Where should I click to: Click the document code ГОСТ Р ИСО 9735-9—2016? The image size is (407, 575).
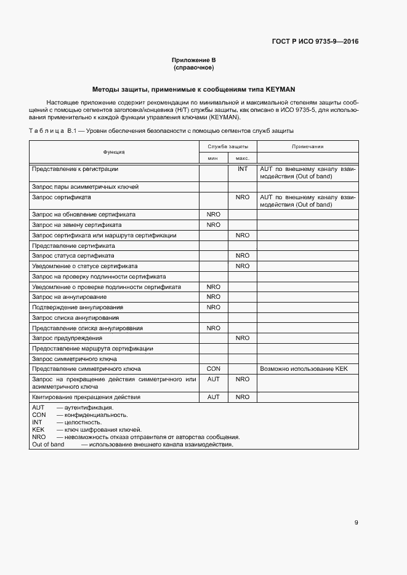click(x=315, y=42)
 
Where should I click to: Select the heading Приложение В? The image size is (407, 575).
click(x=193, y=60)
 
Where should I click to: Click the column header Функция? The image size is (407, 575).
click(x=114, y=152)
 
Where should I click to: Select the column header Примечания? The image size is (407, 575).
click(x=308, y=146)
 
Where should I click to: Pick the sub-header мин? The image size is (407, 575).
click(x=213, y=158)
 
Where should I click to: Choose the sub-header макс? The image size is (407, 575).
click(x=242, y=158)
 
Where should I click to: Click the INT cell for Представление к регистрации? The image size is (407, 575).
click(x=243, y=169)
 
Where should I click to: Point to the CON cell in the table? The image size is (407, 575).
click(x=213, y=369)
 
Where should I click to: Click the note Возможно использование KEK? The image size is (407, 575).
click(x=296, y=369)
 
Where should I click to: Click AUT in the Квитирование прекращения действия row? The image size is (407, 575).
click(x=213, y=397)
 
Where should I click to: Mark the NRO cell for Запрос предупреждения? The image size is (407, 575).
click(x=243, y=338)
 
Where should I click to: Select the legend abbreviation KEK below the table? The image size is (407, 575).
click(x=38, y=429)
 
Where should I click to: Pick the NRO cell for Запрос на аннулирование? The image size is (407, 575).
click(x=213, y=297)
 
